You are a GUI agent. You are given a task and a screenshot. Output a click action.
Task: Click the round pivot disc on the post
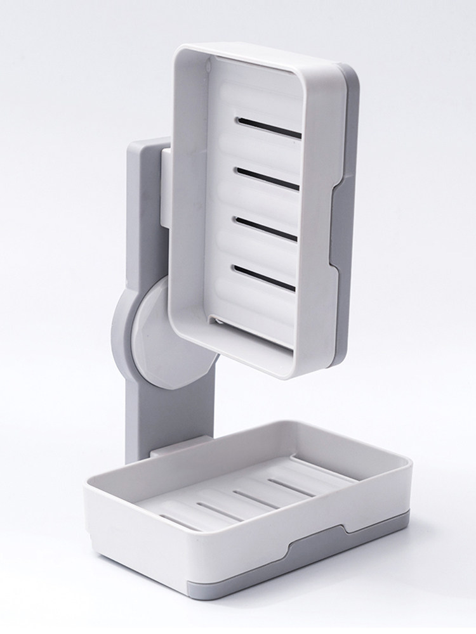tap(143, 336)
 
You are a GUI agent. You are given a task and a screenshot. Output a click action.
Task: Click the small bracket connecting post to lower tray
tap(166, 451)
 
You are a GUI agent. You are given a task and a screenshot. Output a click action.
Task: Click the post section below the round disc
tap(141, 412)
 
